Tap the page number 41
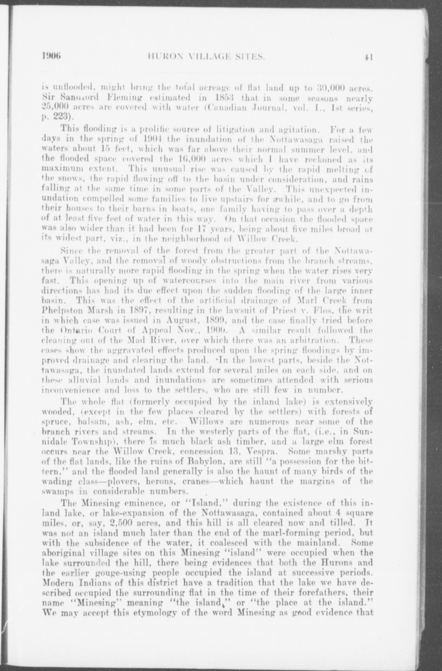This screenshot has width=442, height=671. (368, 58)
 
